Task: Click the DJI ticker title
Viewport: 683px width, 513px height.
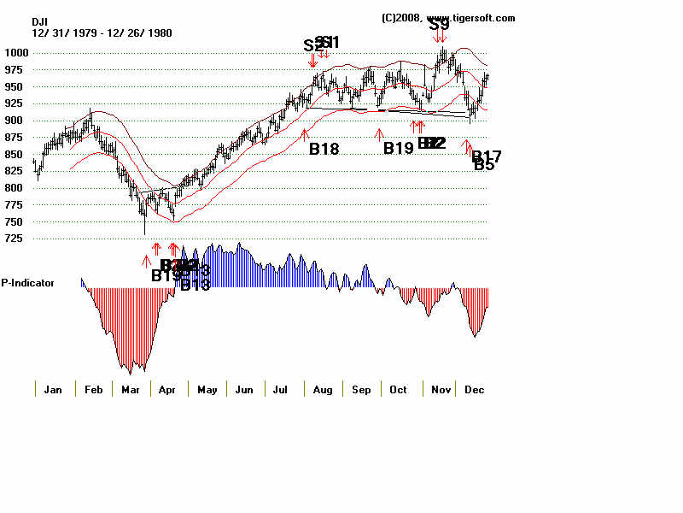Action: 40,21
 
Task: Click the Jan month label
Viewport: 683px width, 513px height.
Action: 53,390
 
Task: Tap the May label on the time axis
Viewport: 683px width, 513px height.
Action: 207,390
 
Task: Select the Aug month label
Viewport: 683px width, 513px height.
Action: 324,390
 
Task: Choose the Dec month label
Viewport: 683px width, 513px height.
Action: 475,390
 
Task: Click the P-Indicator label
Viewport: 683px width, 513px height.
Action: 28,282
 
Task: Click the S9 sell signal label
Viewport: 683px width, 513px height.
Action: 439,25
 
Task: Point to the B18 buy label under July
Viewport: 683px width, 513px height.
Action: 324,149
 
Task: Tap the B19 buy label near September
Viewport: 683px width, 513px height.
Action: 398,148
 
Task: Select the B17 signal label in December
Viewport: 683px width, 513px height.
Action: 487,156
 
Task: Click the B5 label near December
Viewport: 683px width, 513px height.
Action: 484,165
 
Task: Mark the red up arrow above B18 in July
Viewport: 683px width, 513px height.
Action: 305,133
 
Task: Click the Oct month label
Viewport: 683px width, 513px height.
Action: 398,390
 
